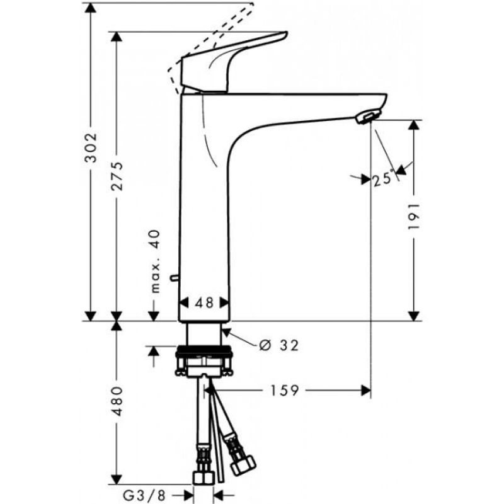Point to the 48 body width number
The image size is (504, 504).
coord(203,303)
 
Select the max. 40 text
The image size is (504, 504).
coord(155,261)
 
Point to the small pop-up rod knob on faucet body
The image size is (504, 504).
coord(174,277)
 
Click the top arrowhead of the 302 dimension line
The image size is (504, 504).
coord(91,8)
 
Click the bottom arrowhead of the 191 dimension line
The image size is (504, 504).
coord(414,315)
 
